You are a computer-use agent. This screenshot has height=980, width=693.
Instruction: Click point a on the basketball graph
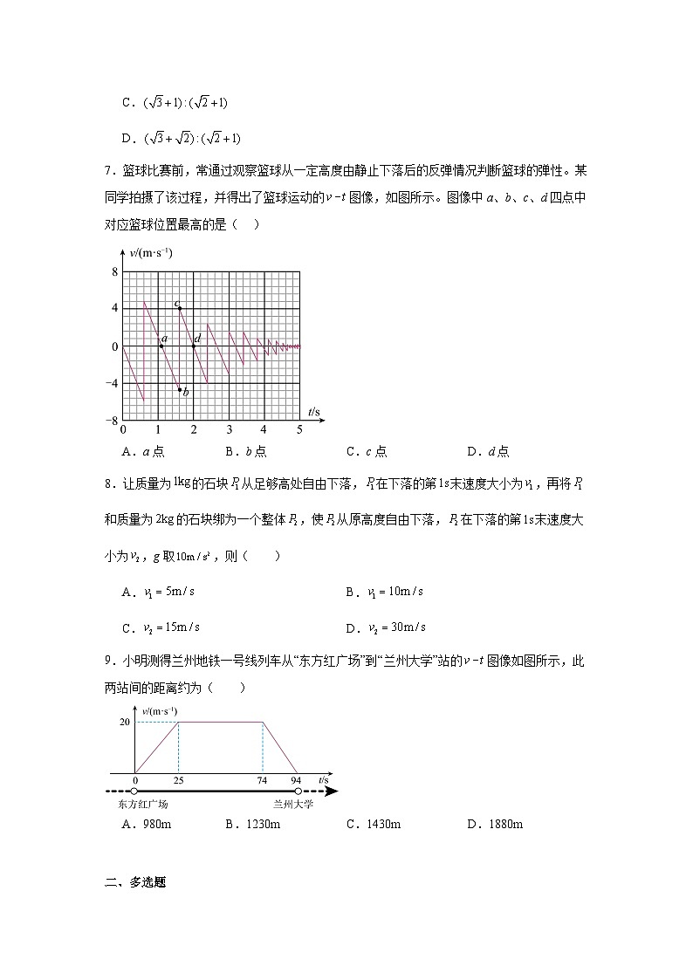pyautogui.click(x=161, y=346)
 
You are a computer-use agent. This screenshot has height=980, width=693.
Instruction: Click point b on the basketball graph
pyautogui.click(x=180, y=389)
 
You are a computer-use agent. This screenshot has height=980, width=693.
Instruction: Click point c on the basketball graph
pyautogui.click(x=180, y=309)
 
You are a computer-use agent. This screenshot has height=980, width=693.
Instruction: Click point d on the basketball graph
pyautogui.click(x=194, y=346)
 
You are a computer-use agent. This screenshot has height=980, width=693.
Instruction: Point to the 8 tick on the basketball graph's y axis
pyautogui.click(x=114, y=272)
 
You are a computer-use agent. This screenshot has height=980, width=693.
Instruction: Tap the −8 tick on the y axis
pyautogui.click(x=112, y=421)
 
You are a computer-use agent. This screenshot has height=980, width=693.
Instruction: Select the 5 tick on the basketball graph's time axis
pyautogui.click(x=299, y=429)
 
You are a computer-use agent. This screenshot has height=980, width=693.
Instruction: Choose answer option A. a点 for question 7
pyautogui.click(x=144, y=451)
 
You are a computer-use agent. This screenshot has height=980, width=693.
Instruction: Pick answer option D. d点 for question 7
pyautogui.click(x=488, y=451)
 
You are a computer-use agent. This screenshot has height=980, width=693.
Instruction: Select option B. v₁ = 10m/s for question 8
pyautogui.click(x=384, y=592)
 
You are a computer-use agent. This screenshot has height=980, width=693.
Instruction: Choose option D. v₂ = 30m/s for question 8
pyautogui.click(x=385, y=627)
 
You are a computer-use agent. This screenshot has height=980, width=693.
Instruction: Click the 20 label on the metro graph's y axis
pyautogui.click(x=124, y=722)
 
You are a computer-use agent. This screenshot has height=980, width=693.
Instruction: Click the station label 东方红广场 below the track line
pyautogui.click(x=141, y=805)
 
